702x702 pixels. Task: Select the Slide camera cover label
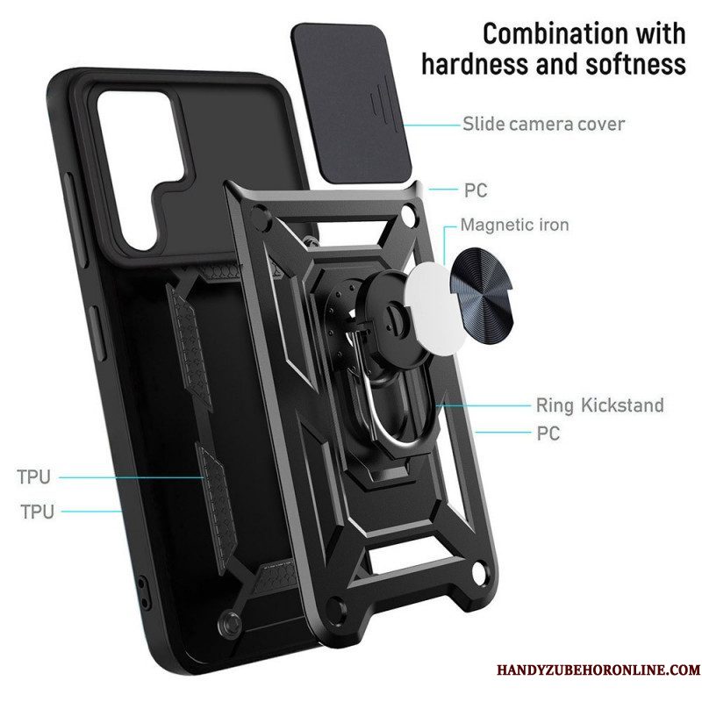pos(543,124)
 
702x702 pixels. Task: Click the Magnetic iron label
pos(515,225)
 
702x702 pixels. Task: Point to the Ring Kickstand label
pos(600,405)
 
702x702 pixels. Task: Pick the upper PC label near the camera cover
pos(476,190)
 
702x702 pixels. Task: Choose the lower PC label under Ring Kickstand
pos(548,433)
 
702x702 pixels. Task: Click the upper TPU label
pos(33,476)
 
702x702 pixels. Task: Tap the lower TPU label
pos(37,512)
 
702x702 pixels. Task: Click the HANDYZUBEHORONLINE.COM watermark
pos(598,670)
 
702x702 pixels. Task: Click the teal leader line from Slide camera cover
pos(432,125)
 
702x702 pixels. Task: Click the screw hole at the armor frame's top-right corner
pos(408,211)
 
